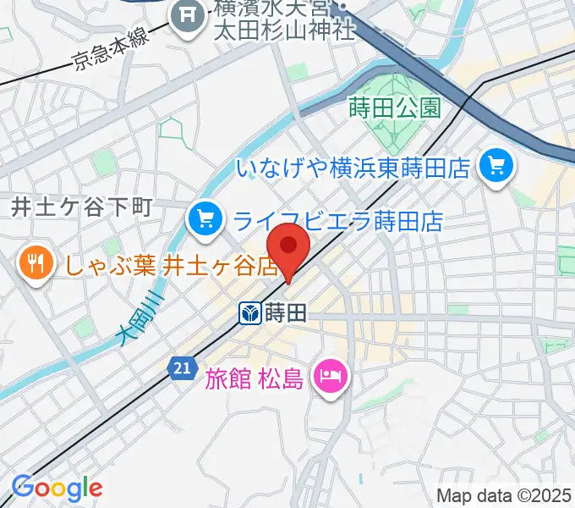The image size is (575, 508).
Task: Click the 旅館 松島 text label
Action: pyautogui.click(x=253, y=378)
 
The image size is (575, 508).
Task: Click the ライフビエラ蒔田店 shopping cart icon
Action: pyautogui.click(x=205, y=220)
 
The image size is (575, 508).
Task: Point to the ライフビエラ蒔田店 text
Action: pyautogui.click(x=338, y=222)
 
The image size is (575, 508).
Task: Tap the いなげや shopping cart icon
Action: pyautogui.click(x=496, y=165)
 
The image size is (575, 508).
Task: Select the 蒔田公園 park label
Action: pyautogui.click(x=394, y=108)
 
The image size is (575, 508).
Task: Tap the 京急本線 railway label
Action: pyautogui.click(x=110, y=55)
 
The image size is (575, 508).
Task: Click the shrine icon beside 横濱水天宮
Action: pyautogui.click(x=187, y=14)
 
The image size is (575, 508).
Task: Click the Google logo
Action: pyautogui.click(x=57, y=488)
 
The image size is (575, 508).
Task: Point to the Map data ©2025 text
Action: pyautogui.click(x=504, y=495)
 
